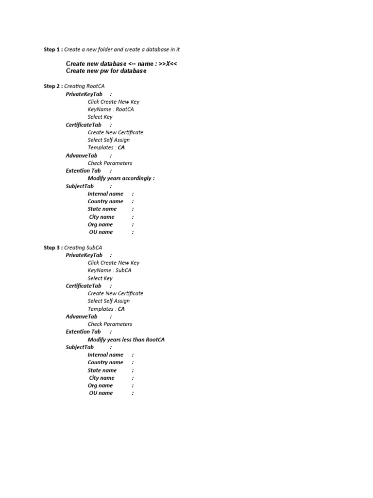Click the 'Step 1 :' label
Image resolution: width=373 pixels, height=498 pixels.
[x=53, y=50]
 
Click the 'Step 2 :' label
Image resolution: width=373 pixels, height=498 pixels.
[x=53, y=86]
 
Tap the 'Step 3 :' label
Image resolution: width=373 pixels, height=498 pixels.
[x=53, y=248]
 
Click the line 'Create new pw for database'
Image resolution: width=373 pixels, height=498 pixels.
[x=106, y=71]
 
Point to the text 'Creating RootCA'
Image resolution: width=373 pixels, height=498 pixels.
[x=84, y=86]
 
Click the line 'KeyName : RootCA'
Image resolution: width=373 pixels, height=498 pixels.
[x=111, y=109]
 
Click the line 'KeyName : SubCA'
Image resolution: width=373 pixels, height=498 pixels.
[x=110, y=270]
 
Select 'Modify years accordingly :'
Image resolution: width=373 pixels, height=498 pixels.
[x=121, y=178]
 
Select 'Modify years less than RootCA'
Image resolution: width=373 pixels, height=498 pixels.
[x=126, y=339]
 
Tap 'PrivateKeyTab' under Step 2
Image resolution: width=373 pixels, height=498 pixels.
[x=84, y=94]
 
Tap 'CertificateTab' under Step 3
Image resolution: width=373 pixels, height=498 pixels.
[x=84, y=286]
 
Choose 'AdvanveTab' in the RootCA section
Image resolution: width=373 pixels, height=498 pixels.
[x=82, y=156]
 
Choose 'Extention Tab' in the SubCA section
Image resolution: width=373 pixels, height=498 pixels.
[x=83, y=332]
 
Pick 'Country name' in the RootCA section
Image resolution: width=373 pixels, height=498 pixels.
[x=105, y=201]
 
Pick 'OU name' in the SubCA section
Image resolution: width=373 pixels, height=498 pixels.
[x=101, y=393]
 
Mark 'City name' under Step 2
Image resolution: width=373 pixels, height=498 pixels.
[x=102, y=217]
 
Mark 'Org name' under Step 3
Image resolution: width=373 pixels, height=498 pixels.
[x=100, y=386]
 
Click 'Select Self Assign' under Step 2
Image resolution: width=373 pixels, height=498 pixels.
[x=109, y=140]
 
